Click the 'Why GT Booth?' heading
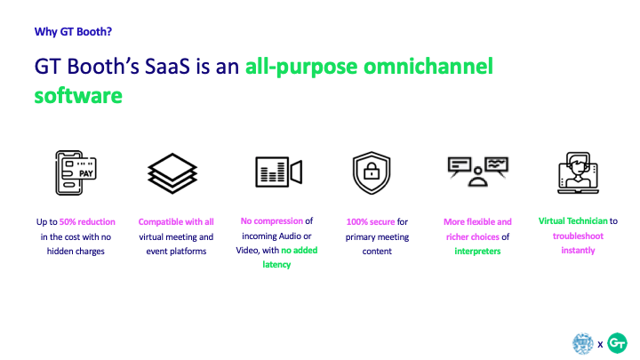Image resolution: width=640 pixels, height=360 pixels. click(x=73, y=32)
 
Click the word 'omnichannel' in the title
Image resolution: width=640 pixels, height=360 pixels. click(x=428, y=66)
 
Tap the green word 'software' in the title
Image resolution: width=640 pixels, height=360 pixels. click(x=78, y=95)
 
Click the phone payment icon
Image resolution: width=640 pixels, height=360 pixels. click(x=76, y=172)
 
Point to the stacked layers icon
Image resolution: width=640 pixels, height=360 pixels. click(x=172, y=173)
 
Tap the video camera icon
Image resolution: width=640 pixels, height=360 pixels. click(x=279, y=172)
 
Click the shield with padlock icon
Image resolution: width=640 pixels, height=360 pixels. click(x=372, y=172)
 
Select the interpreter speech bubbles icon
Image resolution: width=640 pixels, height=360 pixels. click(x=478, y=172)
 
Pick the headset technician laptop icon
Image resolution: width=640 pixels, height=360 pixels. click(x=578, y=172)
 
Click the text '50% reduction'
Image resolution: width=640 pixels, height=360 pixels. click(x=87, y=221)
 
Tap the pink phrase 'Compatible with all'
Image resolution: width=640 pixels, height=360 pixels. click(x=176, y=221)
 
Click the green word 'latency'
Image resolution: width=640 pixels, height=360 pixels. click(x=276, y=265)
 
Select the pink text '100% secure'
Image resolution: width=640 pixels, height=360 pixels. click(x=371, y=221)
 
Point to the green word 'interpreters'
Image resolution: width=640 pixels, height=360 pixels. click(x=477, y=251)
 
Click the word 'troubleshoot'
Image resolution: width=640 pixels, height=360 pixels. click(x=578, y=236)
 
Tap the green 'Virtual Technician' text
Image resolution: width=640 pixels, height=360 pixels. click(x=573, y=220)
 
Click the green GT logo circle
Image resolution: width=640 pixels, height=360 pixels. click(x=617, y=343)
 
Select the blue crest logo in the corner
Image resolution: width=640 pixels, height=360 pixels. click(x=583, y=343)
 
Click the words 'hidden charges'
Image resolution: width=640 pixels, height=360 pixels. click(x=76, y=252)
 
